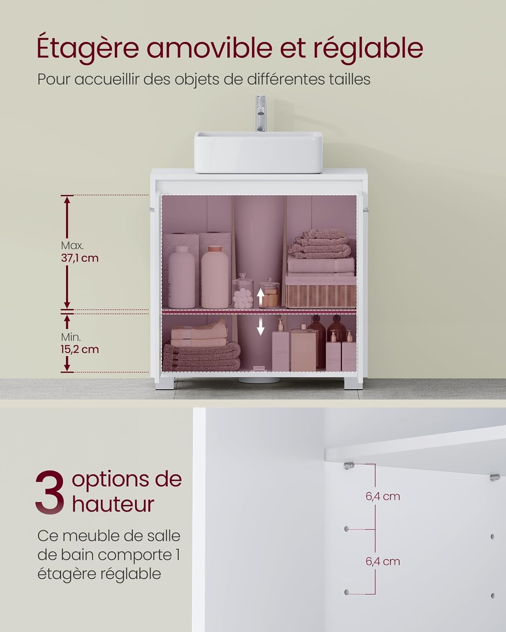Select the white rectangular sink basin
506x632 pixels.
258,152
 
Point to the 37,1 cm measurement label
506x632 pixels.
80,258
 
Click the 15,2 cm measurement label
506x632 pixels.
80,349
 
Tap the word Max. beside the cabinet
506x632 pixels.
72,245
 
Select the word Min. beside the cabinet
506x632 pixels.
71,337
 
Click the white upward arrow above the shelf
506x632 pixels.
261,297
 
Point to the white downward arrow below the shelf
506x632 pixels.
261,326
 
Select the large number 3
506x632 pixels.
50,493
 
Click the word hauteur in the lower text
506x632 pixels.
113,504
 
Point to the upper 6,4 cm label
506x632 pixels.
383,496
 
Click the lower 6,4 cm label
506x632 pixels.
383,561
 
